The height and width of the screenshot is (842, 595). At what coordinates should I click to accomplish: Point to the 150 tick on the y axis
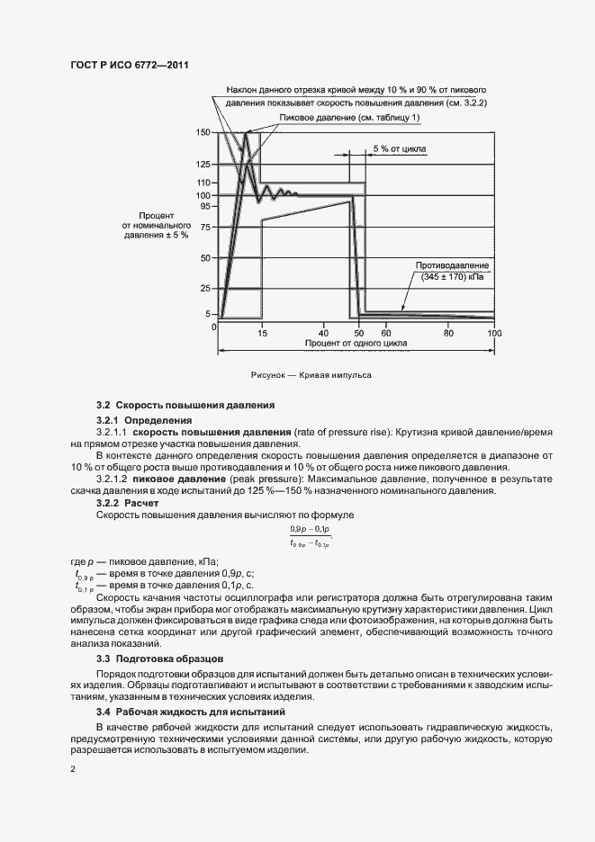[203, 132]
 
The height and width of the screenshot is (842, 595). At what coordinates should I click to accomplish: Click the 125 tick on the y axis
[203, 165]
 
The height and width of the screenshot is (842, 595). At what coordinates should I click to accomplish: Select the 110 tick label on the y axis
[203, 184]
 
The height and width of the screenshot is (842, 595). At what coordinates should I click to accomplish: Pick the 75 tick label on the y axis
[205, 228]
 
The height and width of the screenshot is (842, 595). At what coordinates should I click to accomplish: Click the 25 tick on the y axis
[205, 288]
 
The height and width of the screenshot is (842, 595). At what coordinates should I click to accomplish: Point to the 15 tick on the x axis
[262, 332]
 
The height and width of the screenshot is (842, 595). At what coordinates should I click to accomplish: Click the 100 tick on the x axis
[493, 332]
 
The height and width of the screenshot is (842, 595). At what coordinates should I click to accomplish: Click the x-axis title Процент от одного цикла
[356, 344]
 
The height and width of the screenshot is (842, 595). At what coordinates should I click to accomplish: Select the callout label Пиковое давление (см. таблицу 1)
[349, 118]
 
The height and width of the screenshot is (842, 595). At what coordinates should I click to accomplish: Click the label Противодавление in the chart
[452, 266]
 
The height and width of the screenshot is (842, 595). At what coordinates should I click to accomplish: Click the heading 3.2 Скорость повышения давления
[179, 407]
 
